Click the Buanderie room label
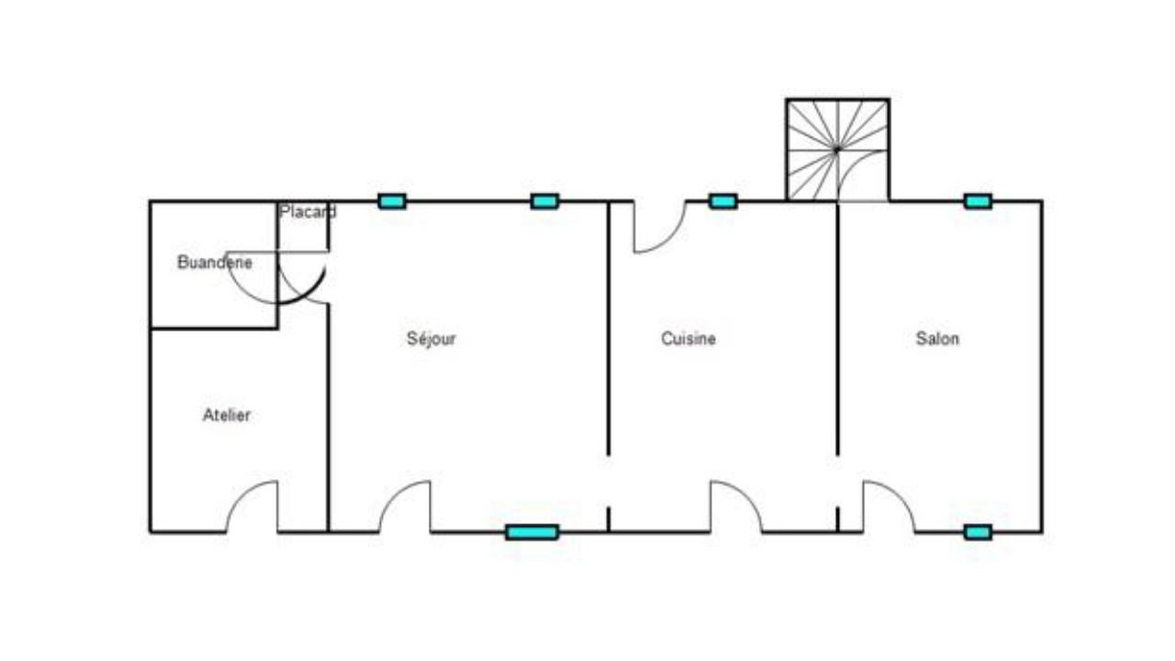tap(215, 262)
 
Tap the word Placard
tap(308, 211)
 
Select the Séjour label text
tap(431, 339)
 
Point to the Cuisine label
tap(688, 339)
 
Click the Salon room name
tap(937, 339)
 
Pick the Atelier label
tap(226, 415)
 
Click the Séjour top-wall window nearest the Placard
tap(392, 201)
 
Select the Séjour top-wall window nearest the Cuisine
tap(544, 201)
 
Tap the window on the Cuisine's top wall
tap(722, 201)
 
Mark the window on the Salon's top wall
tap(978, 201)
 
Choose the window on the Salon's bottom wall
tap(978, 532)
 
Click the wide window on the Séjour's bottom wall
tap(532, 532)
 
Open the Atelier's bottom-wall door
tap(252, 507)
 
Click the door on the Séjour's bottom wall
tap(405, 507)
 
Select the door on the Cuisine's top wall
tap(660, 227)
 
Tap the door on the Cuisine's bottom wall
tap(736, 507)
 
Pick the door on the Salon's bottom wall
tap(890, 507)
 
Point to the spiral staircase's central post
tap(837, 150)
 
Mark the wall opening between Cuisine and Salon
tap(838, 481)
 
